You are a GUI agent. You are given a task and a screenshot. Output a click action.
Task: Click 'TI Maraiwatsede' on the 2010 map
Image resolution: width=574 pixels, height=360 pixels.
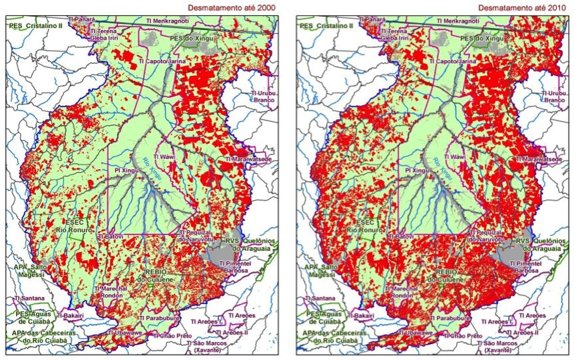(538, 160)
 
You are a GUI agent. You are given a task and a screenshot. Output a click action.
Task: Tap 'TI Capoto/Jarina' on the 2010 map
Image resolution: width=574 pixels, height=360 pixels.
(455, 61)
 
